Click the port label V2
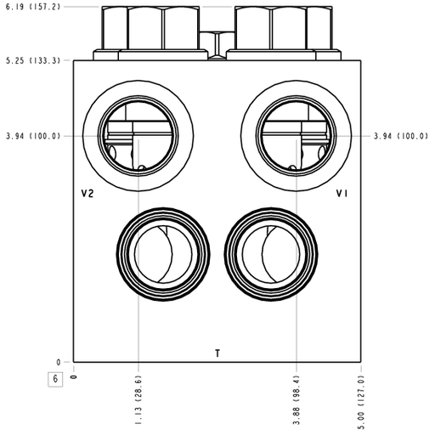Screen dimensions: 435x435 click(88, 194)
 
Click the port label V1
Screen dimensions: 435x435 click(342, 194)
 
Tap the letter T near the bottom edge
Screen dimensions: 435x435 click(217, 353)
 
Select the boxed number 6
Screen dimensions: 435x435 click(55, 379)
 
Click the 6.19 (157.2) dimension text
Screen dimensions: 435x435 click(33, 7)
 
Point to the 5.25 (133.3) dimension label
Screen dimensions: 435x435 click(33, 60)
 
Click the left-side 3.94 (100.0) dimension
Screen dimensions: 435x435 click(33, 136)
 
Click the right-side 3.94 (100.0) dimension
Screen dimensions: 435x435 click(401, 136)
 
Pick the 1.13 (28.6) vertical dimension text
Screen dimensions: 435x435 click(138, 399)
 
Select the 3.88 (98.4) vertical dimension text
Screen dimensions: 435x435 click(297, 399)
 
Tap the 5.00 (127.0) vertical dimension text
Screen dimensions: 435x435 click(361, 402)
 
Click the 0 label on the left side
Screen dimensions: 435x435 click(59, 362)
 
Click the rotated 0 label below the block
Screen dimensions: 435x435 click(74, 376)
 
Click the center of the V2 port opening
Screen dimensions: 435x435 click(138, 136)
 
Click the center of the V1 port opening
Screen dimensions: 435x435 click(297, 136)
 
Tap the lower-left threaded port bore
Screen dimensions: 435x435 click(163, 254)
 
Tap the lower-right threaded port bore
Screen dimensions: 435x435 click(271, 254)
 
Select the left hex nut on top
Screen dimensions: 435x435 click(150, 28)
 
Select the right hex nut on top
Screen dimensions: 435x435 click(284, 28)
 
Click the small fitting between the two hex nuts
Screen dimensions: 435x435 click(217, 45)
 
